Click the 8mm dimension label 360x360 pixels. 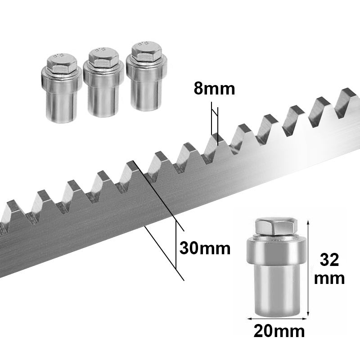coord(215,89)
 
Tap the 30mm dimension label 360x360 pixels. coord(205,248)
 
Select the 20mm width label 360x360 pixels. coord(279,331)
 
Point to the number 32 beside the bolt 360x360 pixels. coord(329,260)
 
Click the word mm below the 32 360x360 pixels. coord(329,279)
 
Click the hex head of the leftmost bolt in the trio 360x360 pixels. coord(62,63)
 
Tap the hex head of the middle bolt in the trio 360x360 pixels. coord(103,58)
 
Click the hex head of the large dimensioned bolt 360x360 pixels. coord(276,227)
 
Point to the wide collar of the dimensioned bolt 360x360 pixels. coord(276,252)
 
